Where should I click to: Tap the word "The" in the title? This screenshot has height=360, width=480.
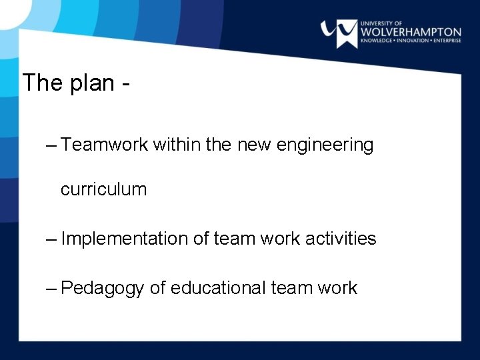pos(43,83)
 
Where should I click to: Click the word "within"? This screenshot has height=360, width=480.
pos(176,145)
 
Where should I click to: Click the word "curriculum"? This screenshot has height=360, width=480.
pos(103,189)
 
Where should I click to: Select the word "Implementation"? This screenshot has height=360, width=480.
pos(124,239)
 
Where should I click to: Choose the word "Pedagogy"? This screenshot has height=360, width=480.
pos(102,289)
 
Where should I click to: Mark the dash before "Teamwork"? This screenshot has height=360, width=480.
pos(52,145)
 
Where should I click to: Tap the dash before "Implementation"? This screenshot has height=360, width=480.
pos(52,239)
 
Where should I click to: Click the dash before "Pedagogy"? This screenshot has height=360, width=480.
pos(52,288)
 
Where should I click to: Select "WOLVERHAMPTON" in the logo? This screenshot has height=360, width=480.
pos(411,32)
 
